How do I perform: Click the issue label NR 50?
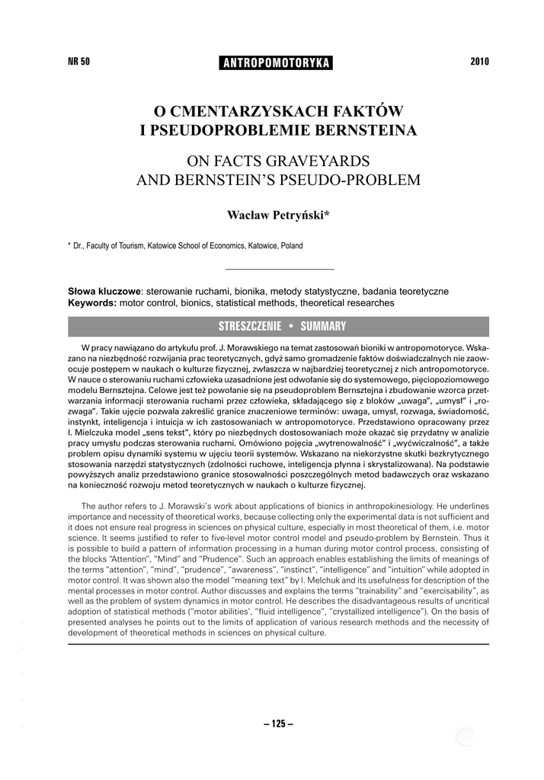point(79,62)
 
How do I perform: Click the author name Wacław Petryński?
point(278,216)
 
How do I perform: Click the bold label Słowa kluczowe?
point(104,292)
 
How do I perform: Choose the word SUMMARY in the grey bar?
point(323,327)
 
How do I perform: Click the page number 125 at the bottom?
point(278,724)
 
